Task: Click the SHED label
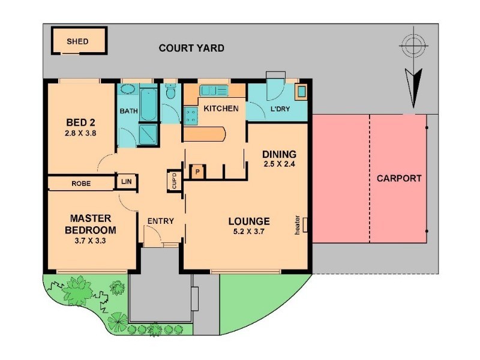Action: coord(77,41)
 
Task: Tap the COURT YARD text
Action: coord(191,48)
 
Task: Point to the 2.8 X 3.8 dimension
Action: coord(81,133)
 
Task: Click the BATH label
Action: coord(128,111)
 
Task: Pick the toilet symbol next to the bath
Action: coord(170,94)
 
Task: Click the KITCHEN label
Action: coord(221,109)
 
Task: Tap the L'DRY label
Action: coord(281,109)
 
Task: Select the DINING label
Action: coord(280,154)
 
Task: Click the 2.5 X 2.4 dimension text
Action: coord(280,163)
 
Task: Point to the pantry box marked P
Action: coord(197,172)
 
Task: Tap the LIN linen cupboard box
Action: coord(127,181)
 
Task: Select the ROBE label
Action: coord(81,183)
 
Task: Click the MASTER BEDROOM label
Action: coord(92,224)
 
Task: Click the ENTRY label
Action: coord(160,221)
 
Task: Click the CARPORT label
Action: coord(399,178)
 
